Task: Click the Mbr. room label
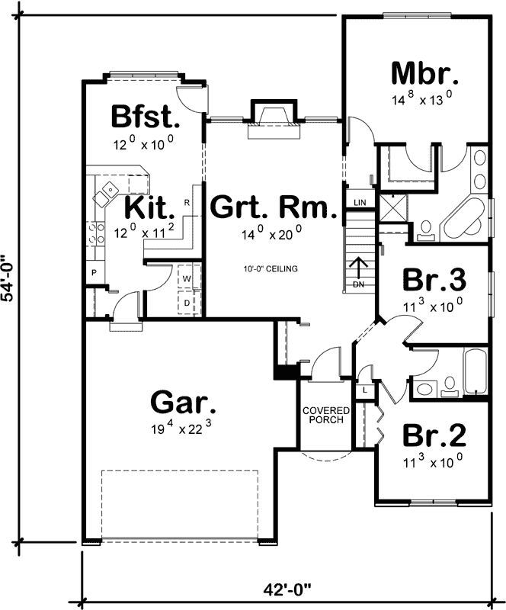(x=424, y=74)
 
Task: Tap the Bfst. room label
(x=145, y=117)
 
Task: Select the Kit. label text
(x=150, y=207)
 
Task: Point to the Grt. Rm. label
(x=273, y=207)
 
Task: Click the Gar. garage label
(x=178, y=402)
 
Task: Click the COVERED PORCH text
(x=324, y=415)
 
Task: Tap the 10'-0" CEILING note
(x=271, y=269)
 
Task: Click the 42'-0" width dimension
(x=287, y=589)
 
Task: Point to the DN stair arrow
(x=359, y=271)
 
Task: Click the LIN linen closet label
(x=360, y=202)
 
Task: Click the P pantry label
(x=94, y=272)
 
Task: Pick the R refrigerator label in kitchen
(x=187, y=203)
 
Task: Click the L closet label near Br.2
(x=365, y=390)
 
